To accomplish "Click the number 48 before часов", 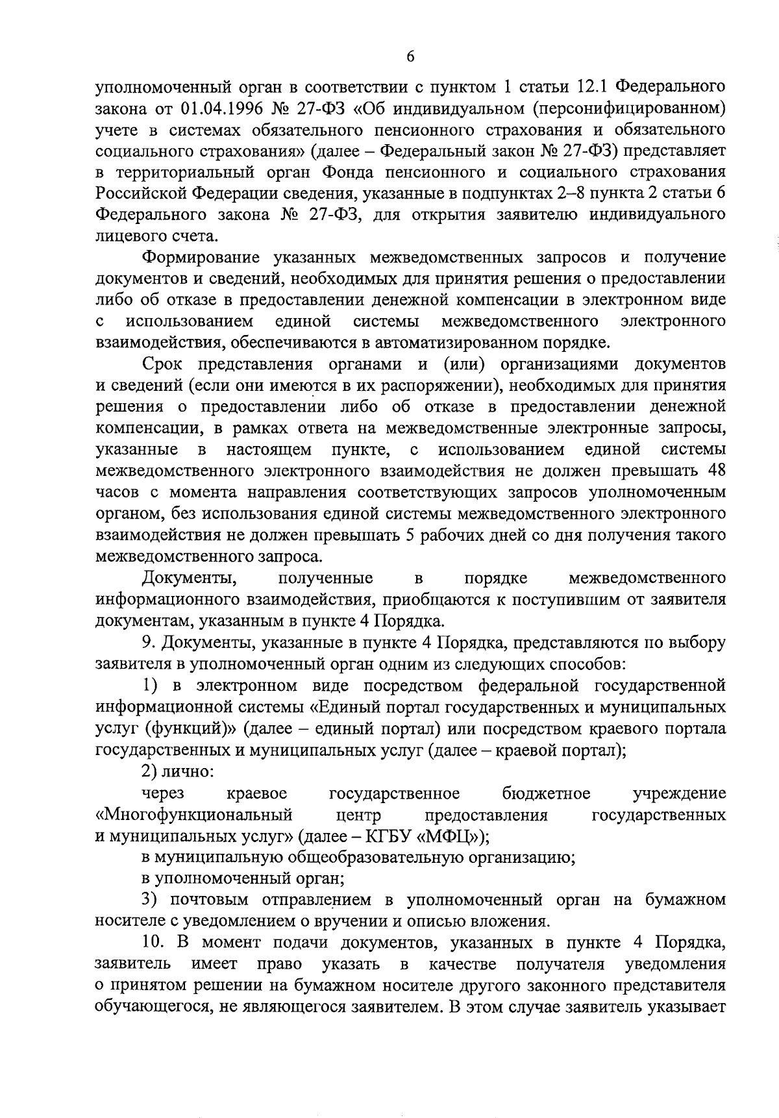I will click(714, 471).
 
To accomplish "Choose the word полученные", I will click(325, 578).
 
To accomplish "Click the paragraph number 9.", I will click(147, 642).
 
